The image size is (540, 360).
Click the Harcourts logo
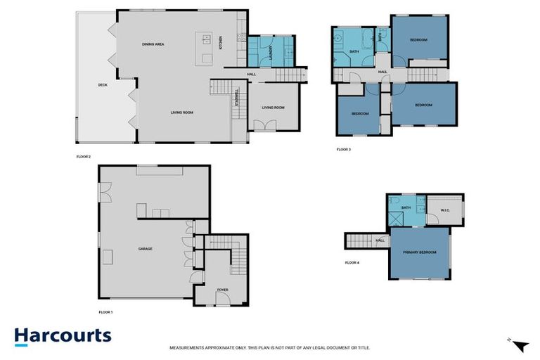click(x=63, y=335)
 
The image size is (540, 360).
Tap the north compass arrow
click(x=520, y=345)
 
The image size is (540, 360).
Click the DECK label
click(x=102, y=85)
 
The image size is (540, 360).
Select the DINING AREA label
click(x=153, y=44)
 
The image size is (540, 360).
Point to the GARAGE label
click(x=146, y=248)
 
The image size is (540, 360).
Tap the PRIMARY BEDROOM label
click(x=420, y=252)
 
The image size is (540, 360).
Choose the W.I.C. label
click(x=445, y=210)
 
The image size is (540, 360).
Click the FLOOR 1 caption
click(x=105, y=311)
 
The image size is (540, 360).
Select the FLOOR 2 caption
click(x=84, y=156)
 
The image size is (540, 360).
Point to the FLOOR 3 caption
click(x=343, y=150)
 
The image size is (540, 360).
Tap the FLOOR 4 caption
click(x=352, y=262)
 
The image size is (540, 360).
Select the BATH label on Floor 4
click(x=406, y=207)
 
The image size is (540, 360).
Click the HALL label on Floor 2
click(x=251, y=74)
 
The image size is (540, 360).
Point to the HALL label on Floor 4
click(x=380, y=240)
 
